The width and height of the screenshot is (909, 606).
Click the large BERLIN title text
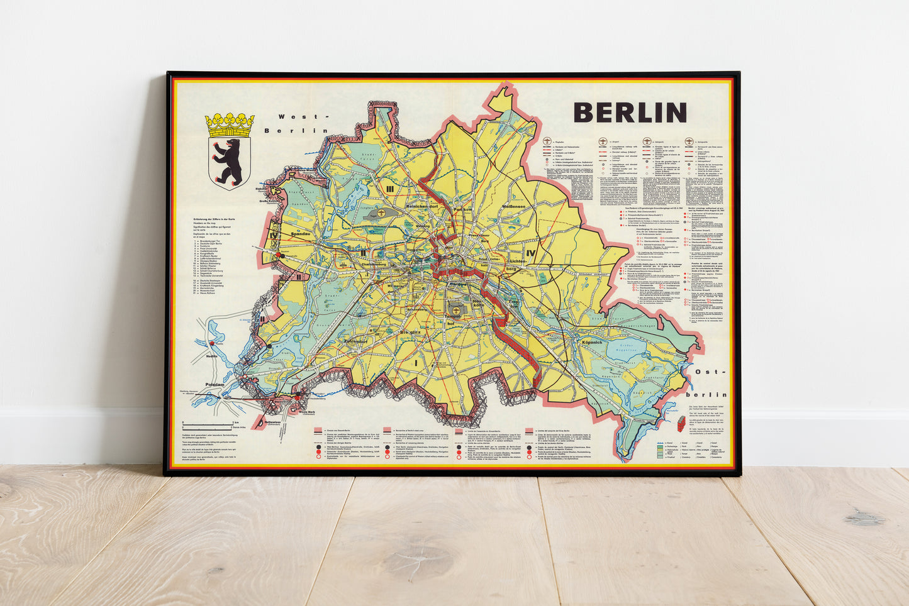tap(630, 113)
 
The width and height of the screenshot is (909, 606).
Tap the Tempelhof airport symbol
tap(454, 308)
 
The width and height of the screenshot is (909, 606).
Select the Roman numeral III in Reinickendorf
tap(390, 189)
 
